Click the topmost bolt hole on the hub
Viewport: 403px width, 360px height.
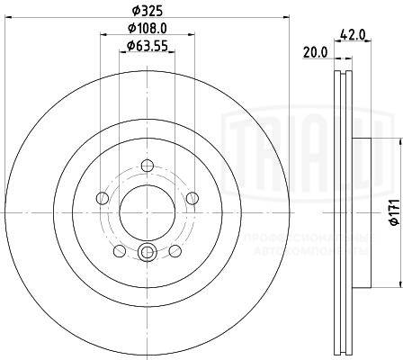click(148, 164)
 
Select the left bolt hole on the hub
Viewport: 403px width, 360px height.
click(102, 198)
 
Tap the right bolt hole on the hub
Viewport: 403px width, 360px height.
click(193, 198)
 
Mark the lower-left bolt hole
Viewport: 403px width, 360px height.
click(120, 251)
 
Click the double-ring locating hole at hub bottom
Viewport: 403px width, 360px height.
click(148, 252)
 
